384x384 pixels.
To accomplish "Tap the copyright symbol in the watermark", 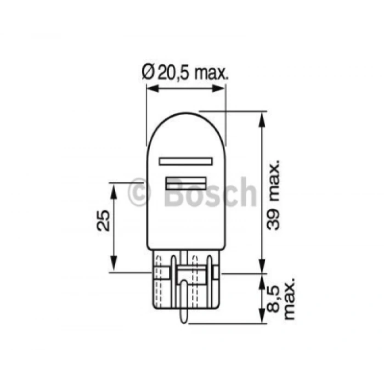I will [x=139, y=191].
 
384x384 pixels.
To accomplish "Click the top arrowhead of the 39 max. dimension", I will [x=261, y=116].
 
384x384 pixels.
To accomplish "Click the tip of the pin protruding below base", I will [x=185, y=321].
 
